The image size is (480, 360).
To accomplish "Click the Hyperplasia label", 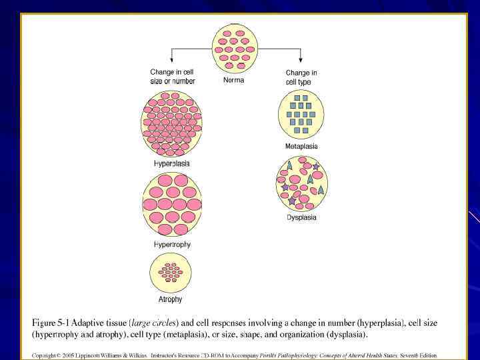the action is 172,163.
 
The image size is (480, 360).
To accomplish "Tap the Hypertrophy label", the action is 172,245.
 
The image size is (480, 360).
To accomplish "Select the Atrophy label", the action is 170,299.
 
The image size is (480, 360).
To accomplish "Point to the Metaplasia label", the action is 301,146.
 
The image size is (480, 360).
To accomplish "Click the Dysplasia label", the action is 301,217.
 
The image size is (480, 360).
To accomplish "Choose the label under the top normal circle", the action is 233,81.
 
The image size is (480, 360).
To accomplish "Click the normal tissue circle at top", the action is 233,48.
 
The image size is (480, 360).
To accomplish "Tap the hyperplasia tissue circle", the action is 171,124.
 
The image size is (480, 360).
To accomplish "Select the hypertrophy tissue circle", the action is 171,205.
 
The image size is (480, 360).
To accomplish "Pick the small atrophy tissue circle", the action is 171,273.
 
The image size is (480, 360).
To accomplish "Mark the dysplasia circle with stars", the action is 301,182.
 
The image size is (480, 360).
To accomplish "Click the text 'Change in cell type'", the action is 301,77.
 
